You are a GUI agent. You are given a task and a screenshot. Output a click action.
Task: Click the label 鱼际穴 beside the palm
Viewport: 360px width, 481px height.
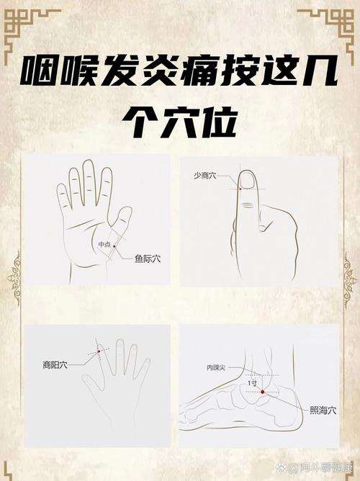click(x=148, y=260)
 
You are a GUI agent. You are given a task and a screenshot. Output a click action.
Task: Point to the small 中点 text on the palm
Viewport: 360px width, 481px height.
click(x=104, y=245)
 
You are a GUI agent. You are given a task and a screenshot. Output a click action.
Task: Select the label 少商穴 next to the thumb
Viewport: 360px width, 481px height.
click(x=207, y=175)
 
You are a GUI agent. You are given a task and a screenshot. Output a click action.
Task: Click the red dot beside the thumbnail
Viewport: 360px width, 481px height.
click(x=239, y=189)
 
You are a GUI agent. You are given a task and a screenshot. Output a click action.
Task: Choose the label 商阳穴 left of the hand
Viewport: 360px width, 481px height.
click(x=55, y=366)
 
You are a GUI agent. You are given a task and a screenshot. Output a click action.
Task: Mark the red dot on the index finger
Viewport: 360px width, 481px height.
click(x=97, y=351)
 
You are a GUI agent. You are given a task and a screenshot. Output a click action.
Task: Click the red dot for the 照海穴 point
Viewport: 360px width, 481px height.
click(x=263, y=392)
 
